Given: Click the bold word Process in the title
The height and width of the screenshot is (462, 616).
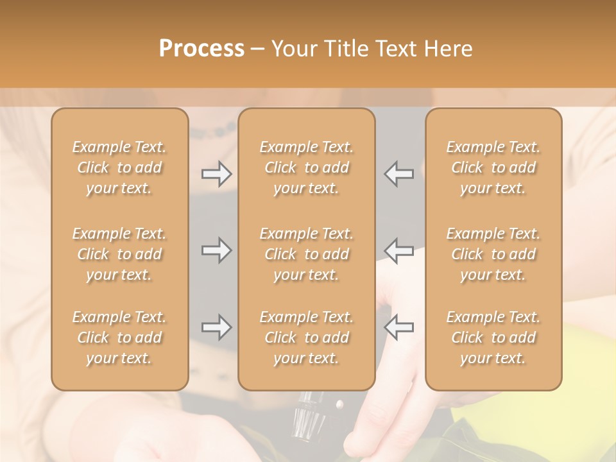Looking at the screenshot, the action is click(x=202, y=49).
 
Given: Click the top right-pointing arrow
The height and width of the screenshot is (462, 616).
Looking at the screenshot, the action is click(x=216, y=174).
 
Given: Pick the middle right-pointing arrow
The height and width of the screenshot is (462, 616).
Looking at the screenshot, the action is click(x=216, y=250).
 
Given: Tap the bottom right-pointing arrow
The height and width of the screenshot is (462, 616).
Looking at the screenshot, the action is click(x=216, y=327).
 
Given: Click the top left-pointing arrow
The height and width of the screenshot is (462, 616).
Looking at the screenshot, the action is click(x=398, y=174).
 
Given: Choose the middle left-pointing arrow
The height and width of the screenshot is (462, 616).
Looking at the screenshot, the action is click(x=398, y=250).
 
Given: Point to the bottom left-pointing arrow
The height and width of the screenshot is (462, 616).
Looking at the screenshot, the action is click(x=398, y=327).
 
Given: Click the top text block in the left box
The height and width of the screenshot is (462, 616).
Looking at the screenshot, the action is click(x=119, y=167).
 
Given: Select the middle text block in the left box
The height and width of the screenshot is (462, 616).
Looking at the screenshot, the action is click(x=119, y=254).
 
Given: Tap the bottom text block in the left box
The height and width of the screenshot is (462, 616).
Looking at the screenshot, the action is click(x=119, y=338).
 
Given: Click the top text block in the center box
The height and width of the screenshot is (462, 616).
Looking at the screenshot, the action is click(x=307, y=167).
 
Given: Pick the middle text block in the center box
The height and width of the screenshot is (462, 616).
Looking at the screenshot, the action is click(x=307, y=254).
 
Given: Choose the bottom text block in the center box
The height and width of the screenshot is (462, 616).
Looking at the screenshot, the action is click(x=307, y=338).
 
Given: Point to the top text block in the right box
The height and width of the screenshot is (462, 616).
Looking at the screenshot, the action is click(x=493, y=167).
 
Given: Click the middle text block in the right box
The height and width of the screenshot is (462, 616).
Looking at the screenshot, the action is click(x=493, y=254).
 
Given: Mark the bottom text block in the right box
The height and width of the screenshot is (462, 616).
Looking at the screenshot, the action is click(x=493, y=338).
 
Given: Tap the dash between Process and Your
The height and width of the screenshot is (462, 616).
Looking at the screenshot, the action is click(x=258, y=50).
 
